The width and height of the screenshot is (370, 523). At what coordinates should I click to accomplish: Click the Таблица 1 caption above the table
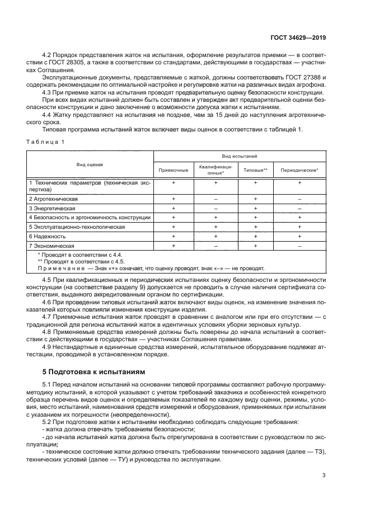click(x=45, y=142)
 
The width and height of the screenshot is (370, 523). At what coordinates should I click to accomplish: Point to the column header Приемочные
click(x=174, y=169)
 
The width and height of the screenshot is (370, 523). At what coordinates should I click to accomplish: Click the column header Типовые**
click(x=255, y=169)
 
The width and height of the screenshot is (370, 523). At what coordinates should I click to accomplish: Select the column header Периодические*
click(x=299, y=169)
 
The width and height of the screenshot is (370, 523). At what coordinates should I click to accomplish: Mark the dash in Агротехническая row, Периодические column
click(x=299, y=199)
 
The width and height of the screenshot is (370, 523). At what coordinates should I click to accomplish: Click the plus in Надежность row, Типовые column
click(x=255, y=237)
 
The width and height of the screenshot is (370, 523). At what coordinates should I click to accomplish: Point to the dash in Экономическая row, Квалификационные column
click(x=216, y=246)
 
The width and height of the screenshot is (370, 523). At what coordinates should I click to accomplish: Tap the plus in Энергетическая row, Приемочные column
click(x=174, y=208)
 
